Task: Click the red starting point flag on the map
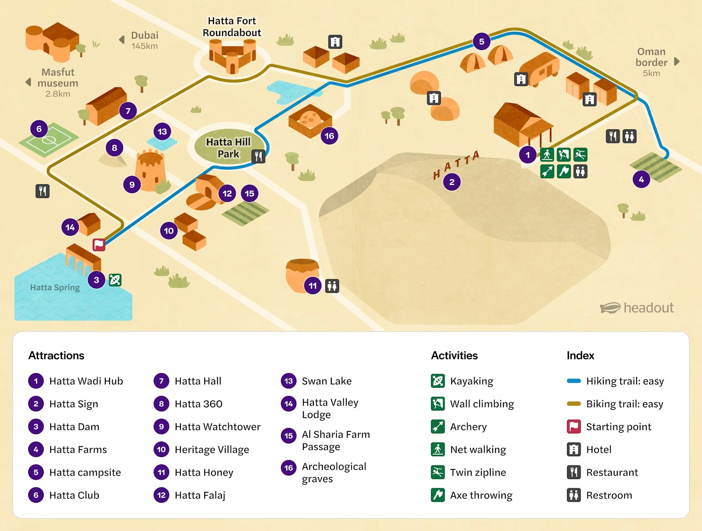[99, 244]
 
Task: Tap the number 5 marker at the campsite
[481, 41]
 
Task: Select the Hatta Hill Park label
[228, 148]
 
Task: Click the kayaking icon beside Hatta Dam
[115, 280]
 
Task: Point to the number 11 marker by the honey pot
[313, 286]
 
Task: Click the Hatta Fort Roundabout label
[232, 27]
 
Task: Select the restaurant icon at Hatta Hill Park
[259, 156]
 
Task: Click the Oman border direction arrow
[676, 62]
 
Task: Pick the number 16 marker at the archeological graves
[329, 136]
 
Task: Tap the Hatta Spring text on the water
[55, 287]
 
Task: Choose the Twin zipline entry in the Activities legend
[478, 472]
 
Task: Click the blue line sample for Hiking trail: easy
[574, 381]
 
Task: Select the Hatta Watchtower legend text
[217, 427]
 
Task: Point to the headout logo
[637, 308]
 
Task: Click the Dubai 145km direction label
[144, 40]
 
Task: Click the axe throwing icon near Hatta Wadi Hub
[564, 171]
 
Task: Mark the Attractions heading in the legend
[57, 356]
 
